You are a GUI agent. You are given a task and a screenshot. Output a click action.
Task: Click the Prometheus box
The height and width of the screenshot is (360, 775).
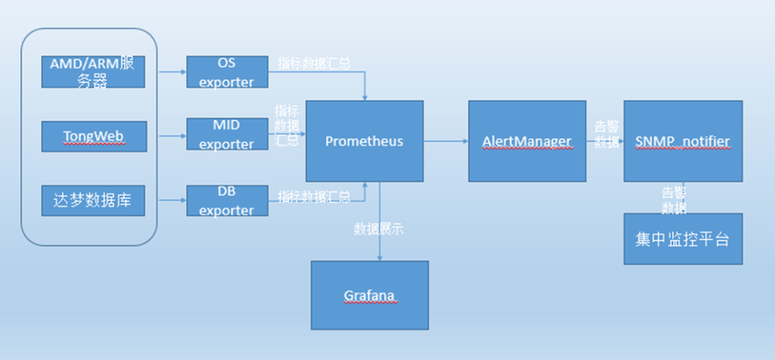364,141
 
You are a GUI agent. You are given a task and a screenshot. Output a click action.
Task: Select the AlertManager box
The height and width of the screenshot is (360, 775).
527,141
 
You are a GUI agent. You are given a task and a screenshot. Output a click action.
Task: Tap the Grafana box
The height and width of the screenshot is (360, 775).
370,295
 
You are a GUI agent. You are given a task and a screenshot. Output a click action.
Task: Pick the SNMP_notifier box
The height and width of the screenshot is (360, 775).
682,141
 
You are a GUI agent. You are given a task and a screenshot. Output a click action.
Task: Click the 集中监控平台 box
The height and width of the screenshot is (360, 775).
682,239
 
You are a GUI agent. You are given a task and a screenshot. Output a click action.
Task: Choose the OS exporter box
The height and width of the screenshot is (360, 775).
226,72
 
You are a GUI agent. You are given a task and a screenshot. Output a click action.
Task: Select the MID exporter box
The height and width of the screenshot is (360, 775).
226,135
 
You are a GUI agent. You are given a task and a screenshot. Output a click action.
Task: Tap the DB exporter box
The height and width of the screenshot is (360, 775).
226,201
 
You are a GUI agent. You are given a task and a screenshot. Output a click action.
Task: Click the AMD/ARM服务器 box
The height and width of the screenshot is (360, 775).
94,72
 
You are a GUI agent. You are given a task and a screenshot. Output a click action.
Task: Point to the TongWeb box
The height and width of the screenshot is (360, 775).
94,136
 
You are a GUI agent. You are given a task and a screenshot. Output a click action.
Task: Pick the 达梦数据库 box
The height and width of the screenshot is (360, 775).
94,201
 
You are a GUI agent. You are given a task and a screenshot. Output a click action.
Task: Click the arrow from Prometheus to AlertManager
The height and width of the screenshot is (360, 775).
445,141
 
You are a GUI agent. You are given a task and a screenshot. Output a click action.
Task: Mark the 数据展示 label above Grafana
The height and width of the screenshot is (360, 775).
379,229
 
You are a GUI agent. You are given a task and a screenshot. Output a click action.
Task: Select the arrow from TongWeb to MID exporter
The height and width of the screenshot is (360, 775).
171,135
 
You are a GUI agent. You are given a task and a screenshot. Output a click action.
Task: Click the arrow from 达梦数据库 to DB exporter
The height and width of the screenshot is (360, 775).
171,199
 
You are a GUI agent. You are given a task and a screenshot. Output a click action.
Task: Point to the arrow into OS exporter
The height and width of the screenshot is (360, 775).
171,72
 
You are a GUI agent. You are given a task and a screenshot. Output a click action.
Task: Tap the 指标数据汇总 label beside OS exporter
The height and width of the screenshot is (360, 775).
314,63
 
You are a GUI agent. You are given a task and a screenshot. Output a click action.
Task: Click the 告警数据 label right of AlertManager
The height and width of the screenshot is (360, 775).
606,133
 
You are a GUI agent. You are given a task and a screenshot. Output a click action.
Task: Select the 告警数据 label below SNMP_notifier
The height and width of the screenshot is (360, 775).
673,200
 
